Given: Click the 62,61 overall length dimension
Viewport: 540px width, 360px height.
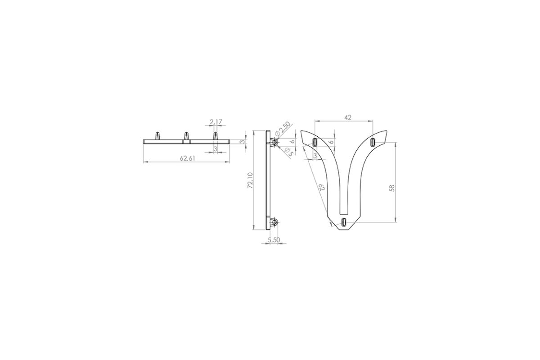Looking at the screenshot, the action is tap(187, 158).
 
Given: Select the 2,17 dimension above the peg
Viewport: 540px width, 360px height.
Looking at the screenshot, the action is tap(216, 122).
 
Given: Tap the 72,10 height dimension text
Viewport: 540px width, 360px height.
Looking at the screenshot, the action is tap(250, 180).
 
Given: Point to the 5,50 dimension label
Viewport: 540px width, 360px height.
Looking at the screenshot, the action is tap(274, 240).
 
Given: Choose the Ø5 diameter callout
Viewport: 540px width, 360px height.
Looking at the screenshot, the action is tap(289, 152).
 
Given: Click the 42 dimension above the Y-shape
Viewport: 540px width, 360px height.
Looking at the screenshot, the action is tap(347, 117).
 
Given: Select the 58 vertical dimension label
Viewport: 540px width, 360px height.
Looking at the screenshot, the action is tap(392, 188).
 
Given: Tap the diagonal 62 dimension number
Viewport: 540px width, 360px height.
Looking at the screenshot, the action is tap(322, 187).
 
